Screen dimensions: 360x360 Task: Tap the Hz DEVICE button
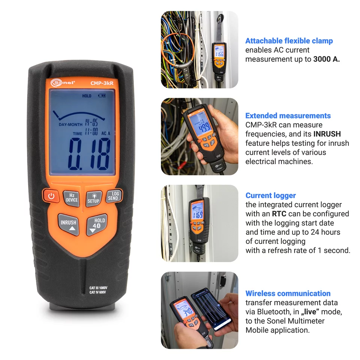[72, 197]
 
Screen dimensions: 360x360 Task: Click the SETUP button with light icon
[93, 198]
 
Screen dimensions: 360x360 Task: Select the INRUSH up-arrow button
[69, 225]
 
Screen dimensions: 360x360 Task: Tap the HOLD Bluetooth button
[97, 225]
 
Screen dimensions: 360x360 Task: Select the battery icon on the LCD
[102, 96]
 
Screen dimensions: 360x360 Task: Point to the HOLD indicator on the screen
[87, 96]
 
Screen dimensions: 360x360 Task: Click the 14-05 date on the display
[91, 123]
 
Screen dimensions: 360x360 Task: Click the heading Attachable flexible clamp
[289, 41]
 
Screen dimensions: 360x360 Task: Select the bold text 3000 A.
[326, 59]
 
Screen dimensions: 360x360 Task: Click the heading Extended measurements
[288, 115]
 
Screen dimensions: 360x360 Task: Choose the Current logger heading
[270, 195]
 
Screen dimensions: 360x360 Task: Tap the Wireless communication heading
[288, 293]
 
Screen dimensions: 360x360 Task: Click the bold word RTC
[279, 214]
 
